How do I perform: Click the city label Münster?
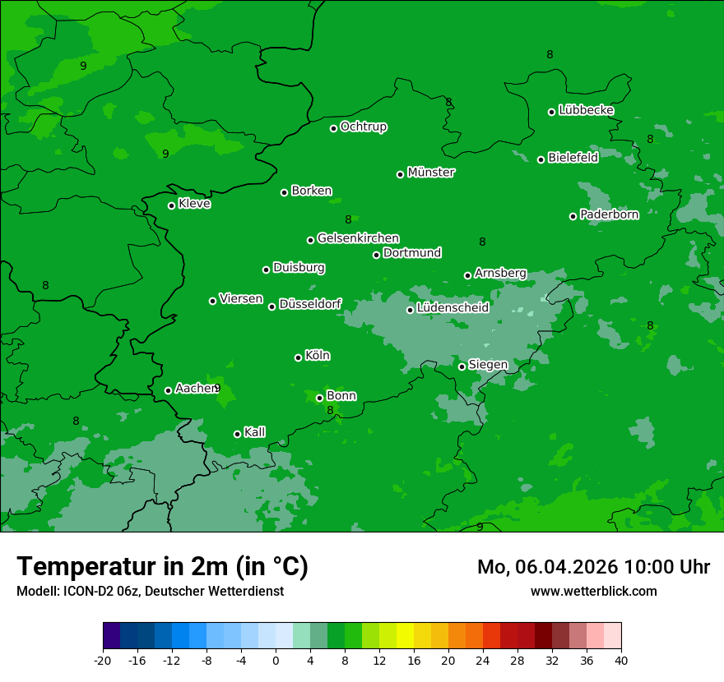click(431, 173)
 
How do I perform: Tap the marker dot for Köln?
click(298, 357)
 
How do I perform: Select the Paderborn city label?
click(609, 214)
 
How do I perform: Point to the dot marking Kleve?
click(171, 205)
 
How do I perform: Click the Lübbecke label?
click(586, 110)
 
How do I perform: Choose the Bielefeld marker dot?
click(541, 159)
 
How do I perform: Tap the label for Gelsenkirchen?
click(358, 238)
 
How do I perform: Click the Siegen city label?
click(488, 365)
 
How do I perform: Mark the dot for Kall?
click(237, 434)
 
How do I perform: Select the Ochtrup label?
click(364, 127)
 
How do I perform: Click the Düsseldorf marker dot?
click(271, 306)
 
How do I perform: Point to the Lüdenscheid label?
click(452, 308)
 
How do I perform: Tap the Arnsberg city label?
click(500, 273)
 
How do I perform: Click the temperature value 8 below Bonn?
click(330, 411)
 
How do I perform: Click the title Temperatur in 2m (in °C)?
click(162, 566)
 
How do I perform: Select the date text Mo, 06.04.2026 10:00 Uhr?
click(593, 567)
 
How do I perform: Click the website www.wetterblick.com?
click(593, 591)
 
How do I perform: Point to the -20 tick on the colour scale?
click(103, 661)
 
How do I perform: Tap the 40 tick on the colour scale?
click(620, 661)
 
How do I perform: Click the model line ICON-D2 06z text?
click(150, 591)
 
